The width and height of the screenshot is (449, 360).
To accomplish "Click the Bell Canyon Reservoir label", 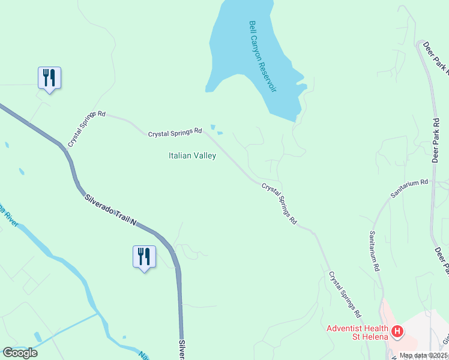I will (263, 56).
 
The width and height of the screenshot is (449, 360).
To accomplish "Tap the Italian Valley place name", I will (192, 156).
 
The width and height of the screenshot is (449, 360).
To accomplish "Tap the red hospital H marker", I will (397, 331).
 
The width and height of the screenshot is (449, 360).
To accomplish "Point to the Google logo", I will (20, 353).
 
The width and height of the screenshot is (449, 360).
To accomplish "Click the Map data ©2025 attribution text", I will (424, 355).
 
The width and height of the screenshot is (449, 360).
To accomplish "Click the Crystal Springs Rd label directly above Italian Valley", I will (175, 131).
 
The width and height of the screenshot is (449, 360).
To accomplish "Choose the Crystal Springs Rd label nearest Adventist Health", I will (345, 294).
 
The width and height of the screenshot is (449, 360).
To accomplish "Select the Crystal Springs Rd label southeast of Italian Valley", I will (279, 203).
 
